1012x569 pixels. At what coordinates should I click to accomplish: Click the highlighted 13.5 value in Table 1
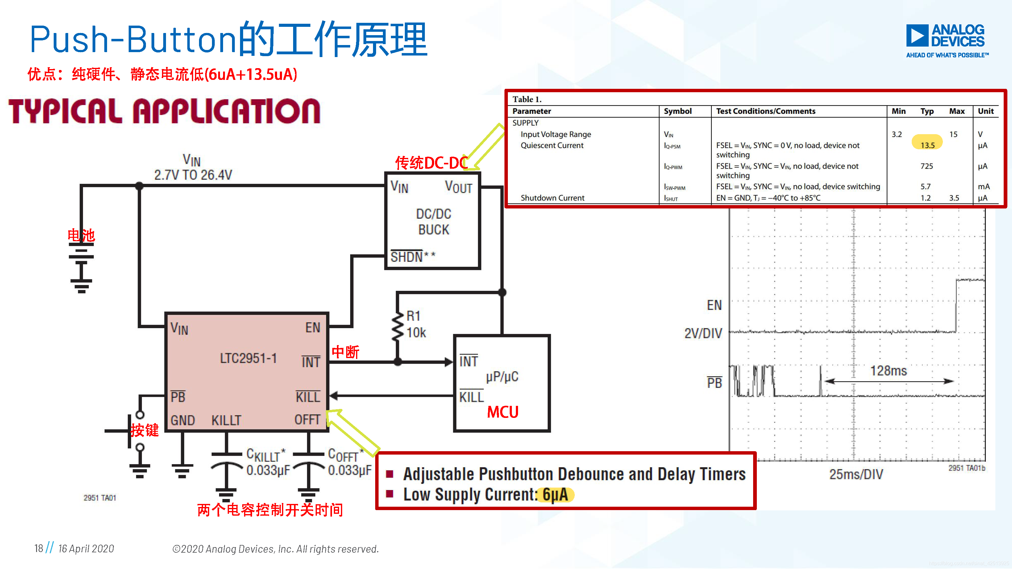927,145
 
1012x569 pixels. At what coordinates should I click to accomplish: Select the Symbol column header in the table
677,111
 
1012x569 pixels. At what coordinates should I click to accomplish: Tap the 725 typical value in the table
926,166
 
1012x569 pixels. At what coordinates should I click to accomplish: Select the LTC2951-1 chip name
248,358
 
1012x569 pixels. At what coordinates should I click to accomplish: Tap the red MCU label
503,412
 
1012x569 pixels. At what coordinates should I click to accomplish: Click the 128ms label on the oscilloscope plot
888,371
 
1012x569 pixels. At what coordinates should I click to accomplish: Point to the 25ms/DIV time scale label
856,474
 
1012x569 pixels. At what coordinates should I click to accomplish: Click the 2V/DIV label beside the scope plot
703,333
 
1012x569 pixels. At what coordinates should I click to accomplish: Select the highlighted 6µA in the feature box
555,495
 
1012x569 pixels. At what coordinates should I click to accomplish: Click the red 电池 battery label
81,235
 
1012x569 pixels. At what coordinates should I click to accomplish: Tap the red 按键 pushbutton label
145,430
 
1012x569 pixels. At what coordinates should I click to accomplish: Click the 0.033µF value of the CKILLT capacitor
268,470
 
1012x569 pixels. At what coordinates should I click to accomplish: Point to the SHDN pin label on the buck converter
407,257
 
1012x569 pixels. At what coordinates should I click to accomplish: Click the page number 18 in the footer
39,548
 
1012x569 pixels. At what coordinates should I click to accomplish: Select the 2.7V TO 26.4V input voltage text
193,175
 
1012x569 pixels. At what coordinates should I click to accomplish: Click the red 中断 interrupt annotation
345,352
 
